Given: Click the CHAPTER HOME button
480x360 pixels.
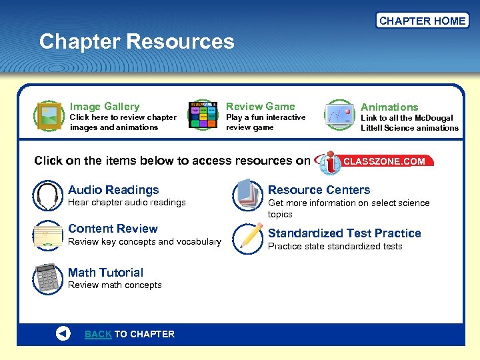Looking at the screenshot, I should (x=422, y=21).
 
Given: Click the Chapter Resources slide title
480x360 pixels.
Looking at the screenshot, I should (x=137, y=42).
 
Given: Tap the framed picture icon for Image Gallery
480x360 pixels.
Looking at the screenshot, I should (x=49, y=115).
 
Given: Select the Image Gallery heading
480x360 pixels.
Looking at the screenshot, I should (x=105, y=106).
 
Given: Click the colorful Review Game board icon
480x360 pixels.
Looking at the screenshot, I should (x=203, y=115).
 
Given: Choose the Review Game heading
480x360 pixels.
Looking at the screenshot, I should (x=260, y=106).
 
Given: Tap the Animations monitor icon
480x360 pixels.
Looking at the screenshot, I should (x=339, y=115).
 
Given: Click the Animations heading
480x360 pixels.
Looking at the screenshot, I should (x=389, y=107).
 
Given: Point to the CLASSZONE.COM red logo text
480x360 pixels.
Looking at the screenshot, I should (x=384, y=161).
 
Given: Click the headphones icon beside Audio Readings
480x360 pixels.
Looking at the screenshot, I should (x=47, y=195).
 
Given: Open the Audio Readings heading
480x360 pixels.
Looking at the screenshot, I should (x=113, y=190).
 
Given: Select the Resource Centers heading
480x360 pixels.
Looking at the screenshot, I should (x=319, y=190).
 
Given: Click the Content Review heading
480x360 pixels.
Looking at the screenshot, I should (x=113, y=229).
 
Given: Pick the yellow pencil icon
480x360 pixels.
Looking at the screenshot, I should (x=250, y=236).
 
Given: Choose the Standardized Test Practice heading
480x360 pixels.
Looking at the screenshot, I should (x=344, y=233).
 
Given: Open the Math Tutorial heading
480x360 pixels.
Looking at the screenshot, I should (x=105, y=272).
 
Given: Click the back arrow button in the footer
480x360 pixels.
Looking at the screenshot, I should (x=63, y=334).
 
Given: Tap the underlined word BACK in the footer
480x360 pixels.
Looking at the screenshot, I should (x=98, y=334).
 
